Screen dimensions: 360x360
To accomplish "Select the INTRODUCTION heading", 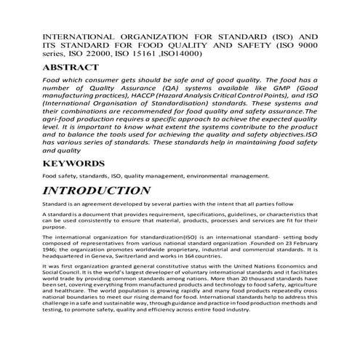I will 97,191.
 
